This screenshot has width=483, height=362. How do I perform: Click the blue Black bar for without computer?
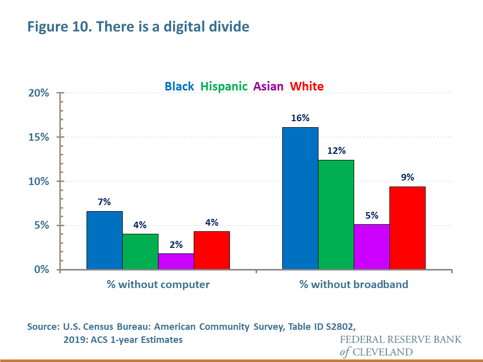tap(105, 240)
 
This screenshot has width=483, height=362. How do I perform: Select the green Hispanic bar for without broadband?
tap(336, 215)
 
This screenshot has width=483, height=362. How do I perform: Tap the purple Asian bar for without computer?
tap(176, 261)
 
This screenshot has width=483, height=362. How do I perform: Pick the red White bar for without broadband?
tap(408, 228)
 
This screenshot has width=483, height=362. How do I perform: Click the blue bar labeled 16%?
tap(300, 198)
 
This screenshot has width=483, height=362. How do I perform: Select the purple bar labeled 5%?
tap(372, 246)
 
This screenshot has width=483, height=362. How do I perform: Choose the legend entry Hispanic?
tap(224, 86)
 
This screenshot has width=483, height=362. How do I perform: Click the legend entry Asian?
tap(269, 86)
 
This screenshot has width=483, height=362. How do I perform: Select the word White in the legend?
tap(307, 86)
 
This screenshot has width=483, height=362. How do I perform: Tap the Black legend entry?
tap(180, 86)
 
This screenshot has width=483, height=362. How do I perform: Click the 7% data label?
tap(105, 202)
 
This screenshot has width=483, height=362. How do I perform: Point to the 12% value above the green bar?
tap(336, 150)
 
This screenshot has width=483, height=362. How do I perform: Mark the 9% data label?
tap(408, 177)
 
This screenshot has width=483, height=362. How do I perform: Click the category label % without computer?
tap(158, 285)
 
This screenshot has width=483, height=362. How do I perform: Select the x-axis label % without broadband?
tap(354, 285)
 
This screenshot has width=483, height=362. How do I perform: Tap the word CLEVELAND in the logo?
tap(383, 351)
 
